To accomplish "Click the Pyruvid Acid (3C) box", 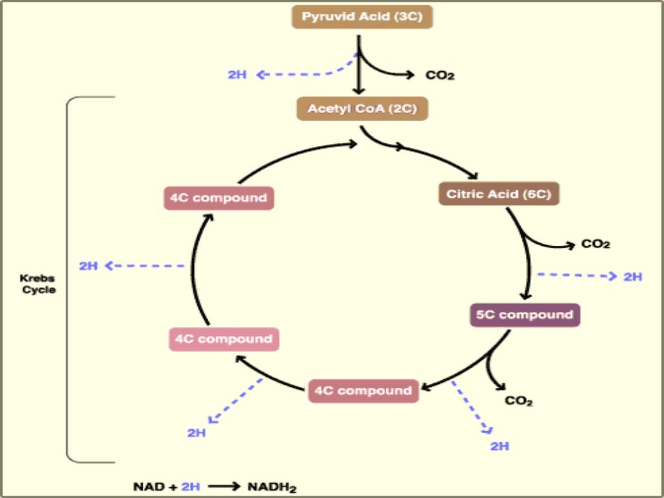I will (x=362, y=16).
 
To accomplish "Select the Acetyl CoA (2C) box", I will (x=362, y=108).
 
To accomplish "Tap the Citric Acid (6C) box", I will (x=499, y=193).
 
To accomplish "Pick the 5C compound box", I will (x=525, y=314).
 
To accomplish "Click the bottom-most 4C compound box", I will (x=362, y=390).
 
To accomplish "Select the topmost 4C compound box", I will (x=219, y=197).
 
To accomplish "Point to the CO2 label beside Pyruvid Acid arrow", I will (x=440, y=75).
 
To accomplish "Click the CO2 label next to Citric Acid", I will (x=595, y=244).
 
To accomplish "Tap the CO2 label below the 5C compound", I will (x=519, y=401).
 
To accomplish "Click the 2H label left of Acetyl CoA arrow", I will (x=237, y=75).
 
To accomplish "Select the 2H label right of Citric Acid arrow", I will (x=632, y=277).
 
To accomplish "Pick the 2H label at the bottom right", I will (x=499, y=446).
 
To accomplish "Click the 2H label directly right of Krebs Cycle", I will (x=88, y=266).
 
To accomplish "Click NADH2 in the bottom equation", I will (x=272, y=486).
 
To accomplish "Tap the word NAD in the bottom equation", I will (x=146, y=486).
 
